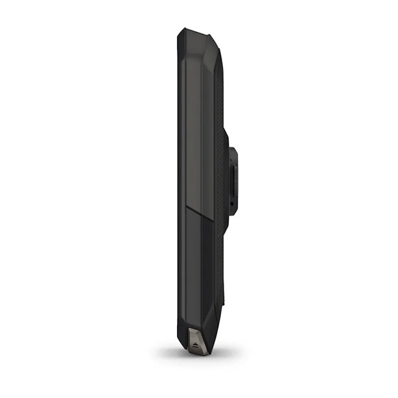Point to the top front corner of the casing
(180, 33)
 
